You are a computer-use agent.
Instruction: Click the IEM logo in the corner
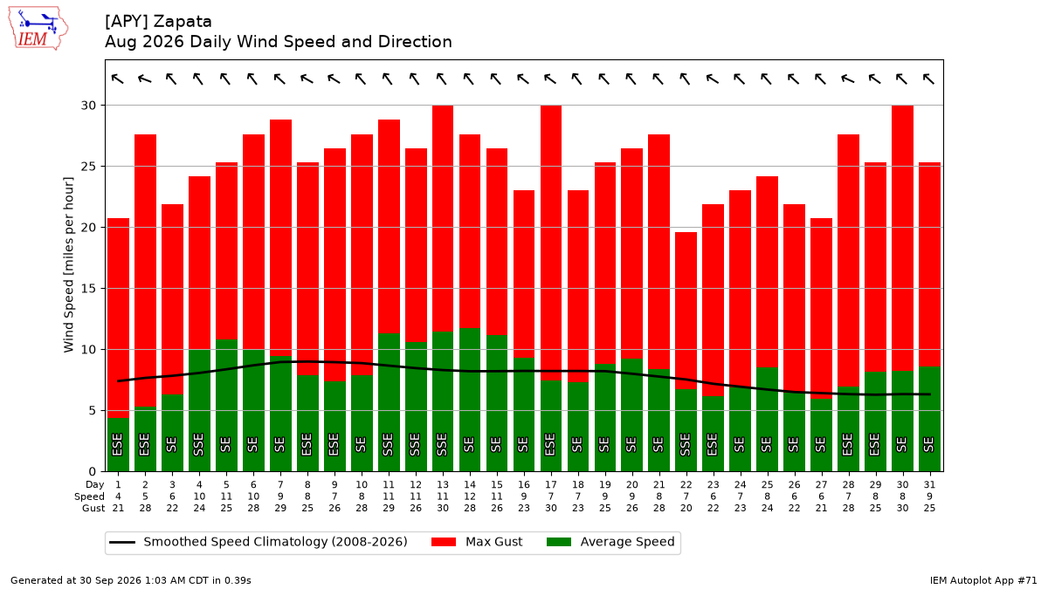[38, 29]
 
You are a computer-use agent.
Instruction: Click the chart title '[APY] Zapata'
[158, 22]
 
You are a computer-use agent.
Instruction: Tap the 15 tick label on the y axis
[88, 289]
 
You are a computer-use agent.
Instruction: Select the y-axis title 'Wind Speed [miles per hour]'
[68, 264]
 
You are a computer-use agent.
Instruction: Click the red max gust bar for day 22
[686, 311]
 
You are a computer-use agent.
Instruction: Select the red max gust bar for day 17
[551, 243]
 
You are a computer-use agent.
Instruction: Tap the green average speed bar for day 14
[470, 400]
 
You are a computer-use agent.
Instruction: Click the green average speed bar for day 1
[119, 444]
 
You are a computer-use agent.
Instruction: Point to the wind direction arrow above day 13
[442, 79]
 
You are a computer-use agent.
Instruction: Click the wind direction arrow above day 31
[928, 79]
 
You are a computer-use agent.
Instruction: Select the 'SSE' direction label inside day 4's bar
[199, 444]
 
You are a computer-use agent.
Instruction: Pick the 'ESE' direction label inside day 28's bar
[848, 444]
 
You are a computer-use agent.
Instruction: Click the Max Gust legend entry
[477, 542]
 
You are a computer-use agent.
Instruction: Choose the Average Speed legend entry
[610, 542]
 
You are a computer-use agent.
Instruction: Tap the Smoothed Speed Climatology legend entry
[259, 542]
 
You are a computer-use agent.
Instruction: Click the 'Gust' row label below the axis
[93, 508]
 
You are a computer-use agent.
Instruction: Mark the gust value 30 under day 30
[902, 508]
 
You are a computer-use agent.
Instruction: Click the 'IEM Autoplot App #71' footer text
[983, 580]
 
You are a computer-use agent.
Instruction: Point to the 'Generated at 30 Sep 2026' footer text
[75, 580]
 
